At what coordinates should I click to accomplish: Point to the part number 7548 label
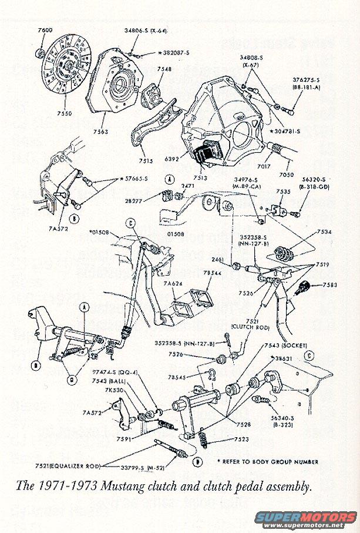pos(149,69)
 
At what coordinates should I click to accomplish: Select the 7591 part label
pos(124,438)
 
